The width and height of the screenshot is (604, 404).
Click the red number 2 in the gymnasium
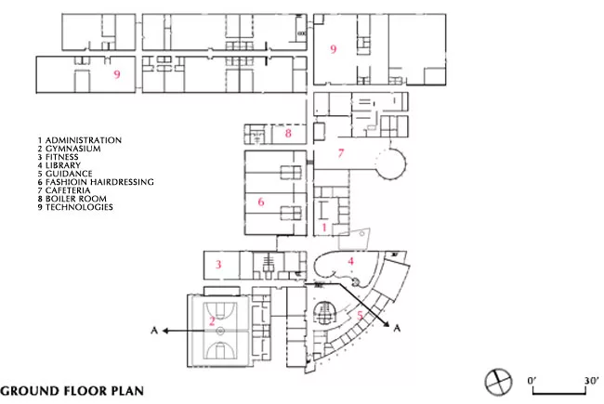pyautogui.click(x=212, y=320)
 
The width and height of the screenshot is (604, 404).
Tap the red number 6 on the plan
pyautogui.click(x=261, y=202)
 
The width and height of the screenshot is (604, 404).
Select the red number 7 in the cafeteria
pyautogui.click(x=340, y=153)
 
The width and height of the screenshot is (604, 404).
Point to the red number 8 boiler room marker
pyautogui.click(x=288, y=133)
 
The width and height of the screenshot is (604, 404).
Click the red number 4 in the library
pyautogui.click(x=350, y=262)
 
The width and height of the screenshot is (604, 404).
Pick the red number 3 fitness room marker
pyautogui.click(x=218, y=264)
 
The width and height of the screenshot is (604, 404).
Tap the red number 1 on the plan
pyautogui.click(x=324, y=228)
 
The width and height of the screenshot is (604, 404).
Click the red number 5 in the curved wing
pyautogui.click(x=360, y=316)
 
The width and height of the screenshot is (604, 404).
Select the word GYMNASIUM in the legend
pyautogui.click(x=73, y=149)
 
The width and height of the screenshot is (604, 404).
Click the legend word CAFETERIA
pyautogui.click(x=68, y=190)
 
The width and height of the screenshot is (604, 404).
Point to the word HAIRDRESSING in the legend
pyautogui.click(x=122, y=182)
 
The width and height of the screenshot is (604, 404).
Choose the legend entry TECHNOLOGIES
pyautogui.click(x=79, y=207)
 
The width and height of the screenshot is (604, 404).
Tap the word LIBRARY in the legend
pyautogui.click(x=63, y=165)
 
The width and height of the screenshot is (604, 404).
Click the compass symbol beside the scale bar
pyautogui.click(x=498, y=382)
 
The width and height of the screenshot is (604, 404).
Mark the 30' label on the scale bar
pyautogui.click(x=591, y=381)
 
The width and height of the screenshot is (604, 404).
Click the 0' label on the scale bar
pyautogui.click(x=532, y=381)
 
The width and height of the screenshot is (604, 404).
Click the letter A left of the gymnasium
pyautogui.click(x=154, y=331)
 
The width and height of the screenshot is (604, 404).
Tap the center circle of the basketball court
pyautogui.click(x=220, y=331)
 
